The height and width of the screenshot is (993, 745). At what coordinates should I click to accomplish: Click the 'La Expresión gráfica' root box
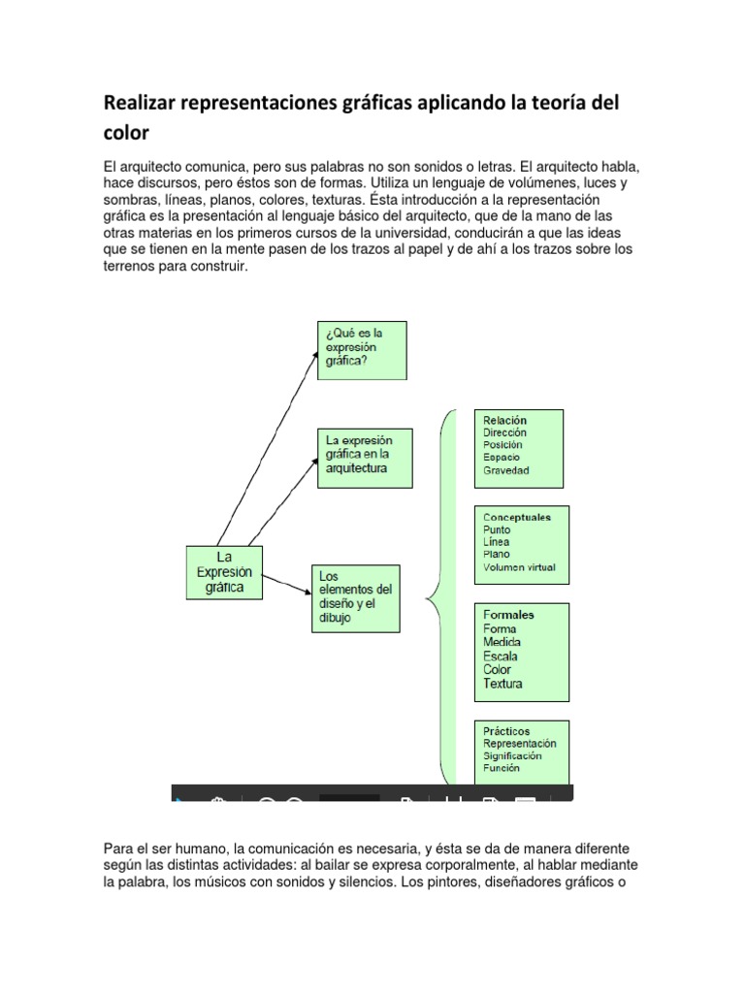[223, 572]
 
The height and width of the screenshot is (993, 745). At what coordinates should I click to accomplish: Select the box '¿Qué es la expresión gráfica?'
[362, 350]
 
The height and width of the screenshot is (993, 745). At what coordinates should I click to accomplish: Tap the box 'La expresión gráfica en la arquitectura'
[365, 457]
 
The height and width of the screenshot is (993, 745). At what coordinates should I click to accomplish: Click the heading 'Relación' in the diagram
[504, 419]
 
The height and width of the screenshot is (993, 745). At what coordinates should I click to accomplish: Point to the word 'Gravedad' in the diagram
[506, 470]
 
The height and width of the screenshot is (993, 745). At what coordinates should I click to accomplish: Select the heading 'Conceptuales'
[516, 517]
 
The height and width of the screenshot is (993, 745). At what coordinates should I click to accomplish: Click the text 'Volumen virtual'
[519, 568]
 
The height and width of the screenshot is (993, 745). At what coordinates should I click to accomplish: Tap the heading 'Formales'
[508, 615]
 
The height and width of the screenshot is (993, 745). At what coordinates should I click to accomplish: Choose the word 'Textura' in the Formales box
[502, 684]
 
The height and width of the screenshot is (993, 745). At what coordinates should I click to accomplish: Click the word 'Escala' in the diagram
[501, 657]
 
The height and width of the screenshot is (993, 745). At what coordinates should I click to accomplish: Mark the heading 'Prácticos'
[505, 731]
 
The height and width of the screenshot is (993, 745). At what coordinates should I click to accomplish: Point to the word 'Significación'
[512, 755]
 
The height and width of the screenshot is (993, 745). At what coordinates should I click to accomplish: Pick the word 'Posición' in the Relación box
[502, 444]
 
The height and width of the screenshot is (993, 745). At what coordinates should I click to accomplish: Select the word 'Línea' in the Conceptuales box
[497, 542]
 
